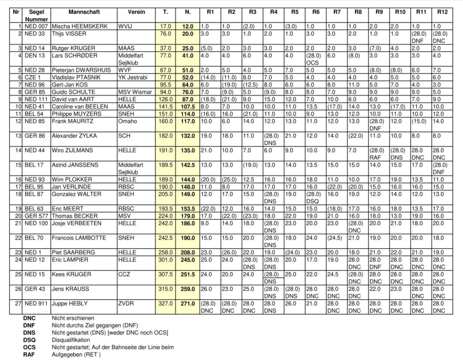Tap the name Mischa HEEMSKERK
80,27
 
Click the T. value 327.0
165,303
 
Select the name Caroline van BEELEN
80,106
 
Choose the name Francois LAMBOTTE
77,237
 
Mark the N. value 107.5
187,106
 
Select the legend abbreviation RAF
29,355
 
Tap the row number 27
18,303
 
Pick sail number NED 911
36,303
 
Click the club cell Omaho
126,121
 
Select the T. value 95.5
165,85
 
